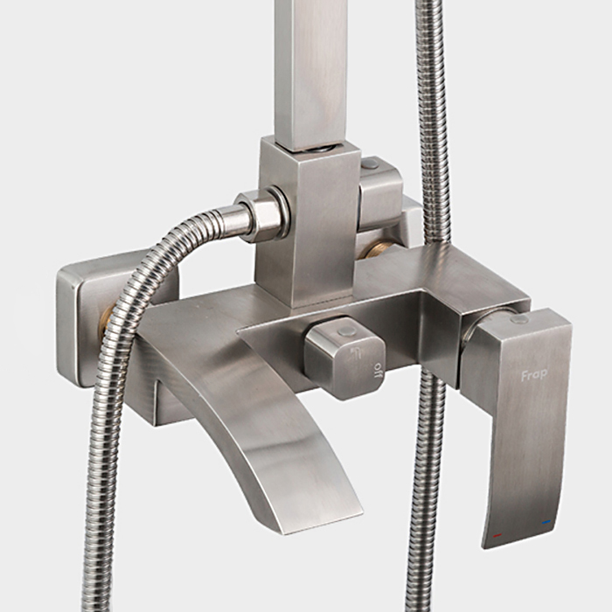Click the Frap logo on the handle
[534, 375]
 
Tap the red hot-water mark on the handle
[497, 535]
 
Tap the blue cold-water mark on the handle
[546, 522]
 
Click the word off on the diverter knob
[378, 371]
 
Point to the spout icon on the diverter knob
[356, 351]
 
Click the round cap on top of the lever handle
[519, 320]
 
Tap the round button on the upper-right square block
[370, 163]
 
